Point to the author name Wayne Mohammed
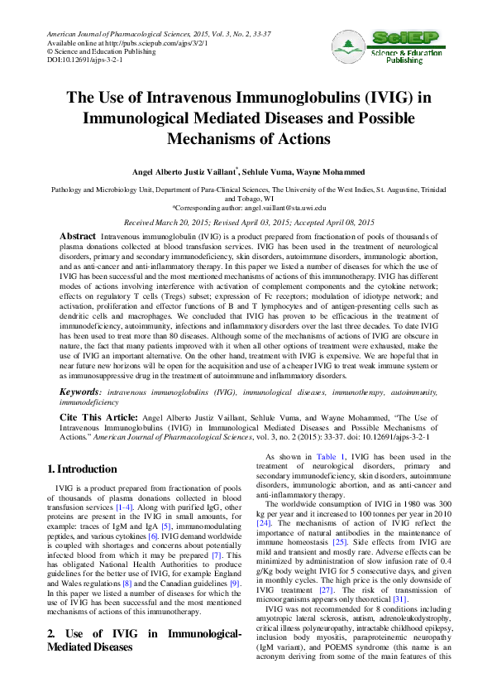click(x=337, y=171)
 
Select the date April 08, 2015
click(x=344, y=223)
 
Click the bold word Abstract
click(x=78, y=237)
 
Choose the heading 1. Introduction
click(x=83, y=469)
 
